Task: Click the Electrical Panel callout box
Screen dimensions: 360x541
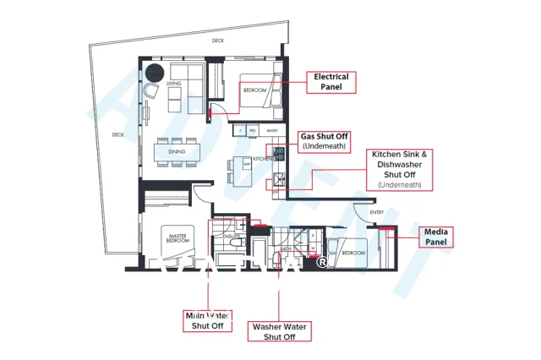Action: (331, 81)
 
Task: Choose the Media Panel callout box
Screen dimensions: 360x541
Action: (437, 236)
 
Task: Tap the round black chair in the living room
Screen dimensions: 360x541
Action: (155, 74)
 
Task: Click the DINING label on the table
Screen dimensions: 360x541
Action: (178, 152)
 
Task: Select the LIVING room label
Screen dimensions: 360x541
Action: (174, 84)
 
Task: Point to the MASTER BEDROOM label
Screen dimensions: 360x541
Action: (177, 237)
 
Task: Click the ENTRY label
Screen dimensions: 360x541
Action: (376, 213)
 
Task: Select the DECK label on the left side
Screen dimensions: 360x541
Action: (117, 134)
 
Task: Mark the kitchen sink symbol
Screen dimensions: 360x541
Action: (278, 179)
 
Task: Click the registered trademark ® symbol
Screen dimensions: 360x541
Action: (322, 262)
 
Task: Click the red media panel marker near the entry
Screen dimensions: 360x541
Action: (390, 228)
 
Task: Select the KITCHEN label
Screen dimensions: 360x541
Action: (262, 158)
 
